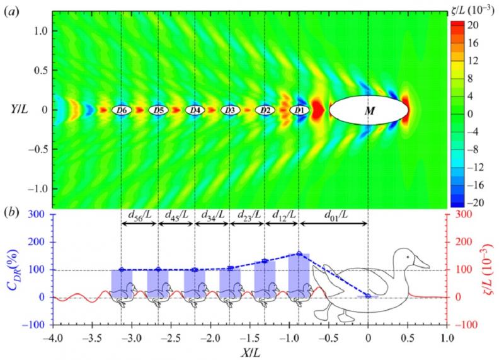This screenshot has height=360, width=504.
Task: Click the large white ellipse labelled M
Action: pos(367,110)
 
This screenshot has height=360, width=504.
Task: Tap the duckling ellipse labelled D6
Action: pos(122,110)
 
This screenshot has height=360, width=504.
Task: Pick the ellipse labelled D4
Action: pos(195,110)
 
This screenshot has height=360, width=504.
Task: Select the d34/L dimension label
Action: pos(212,212)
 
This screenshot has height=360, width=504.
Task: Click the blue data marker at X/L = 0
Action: pos(368,296)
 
